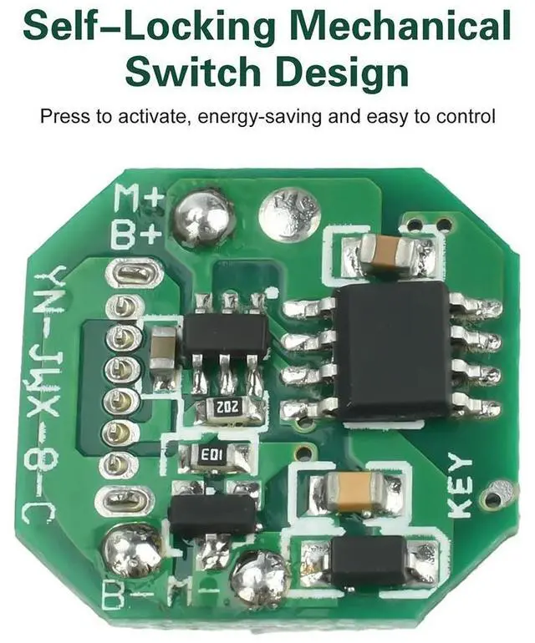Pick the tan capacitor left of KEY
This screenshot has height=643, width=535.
click(354, 491)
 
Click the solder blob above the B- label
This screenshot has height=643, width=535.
click(130, 550)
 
